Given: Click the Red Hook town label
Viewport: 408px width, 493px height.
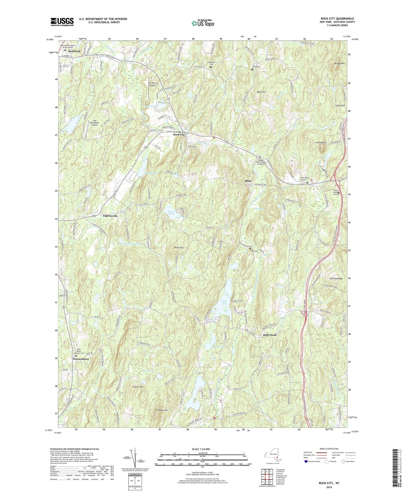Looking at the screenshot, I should coord(74,51).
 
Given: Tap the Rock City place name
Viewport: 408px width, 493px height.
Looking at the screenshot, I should coord(179,135).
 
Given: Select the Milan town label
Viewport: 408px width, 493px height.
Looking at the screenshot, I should coord(248,181).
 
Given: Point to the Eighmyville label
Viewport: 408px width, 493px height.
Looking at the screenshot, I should coord(110,216).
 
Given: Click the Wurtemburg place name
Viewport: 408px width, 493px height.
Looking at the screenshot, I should coord(81,359).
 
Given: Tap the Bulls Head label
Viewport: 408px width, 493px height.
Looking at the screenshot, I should coord(270,335).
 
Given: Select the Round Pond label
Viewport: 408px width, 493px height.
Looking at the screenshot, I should coord(171,213).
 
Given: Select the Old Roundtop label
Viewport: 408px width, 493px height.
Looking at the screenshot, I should coord(336,279).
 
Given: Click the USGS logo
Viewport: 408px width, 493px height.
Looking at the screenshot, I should coord(62,22).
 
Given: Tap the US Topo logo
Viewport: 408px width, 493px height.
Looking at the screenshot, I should coord(203,23).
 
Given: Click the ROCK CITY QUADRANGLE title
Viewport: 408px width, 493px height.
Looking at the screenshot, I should coord(337,18).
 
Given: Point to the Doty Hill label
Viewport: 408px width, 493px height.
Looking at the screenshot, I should coord(261,92).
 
